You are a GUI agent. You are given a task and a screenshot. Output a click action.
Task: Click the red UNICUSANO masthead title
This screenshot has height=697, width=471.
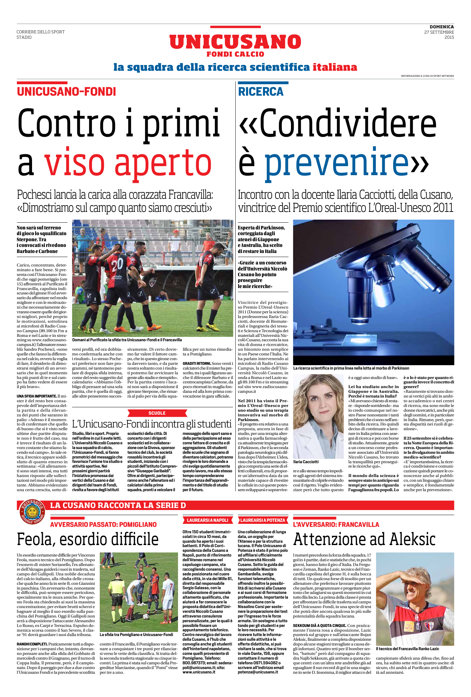click(235, 42)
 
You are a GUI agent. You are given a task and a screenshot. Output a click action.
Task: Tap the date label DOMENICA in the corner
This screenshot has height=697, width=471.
click(441, 27)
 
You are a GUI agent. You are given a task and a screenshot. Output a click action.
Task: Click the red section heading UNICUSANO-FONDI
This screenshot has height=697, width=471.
click(66, 92)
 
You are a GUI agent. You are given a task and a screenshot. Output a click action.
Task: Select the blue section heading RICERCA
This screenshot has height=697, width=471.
click(261, 92)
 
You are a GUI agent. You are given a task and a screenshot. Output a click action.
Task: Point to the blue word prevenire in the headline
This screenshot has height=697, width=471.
click(336, 162)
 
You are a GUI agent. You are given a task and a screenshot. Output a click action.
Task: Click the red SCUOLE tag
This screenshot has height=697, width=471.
click(157, 413)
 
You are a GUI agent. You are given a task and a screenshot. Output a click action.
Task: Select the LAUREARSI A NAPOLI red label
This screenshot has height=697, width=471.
click(207, 520)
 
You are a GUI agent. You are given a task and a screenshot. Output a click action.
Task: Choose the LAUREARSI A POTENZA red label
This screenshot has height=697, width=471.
click(263, 520)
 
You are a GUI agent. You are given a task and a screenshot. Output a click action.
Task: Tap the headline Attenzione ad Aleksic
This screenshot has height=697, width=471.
click(364, 539)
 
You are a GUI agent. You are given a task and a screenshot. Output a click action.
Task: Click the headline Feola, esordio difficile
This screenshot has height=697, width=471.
click(88, 539)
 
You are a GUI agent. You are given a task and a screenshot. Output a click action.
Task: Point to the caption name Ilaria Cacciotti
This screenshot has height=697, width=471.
click(306, 462)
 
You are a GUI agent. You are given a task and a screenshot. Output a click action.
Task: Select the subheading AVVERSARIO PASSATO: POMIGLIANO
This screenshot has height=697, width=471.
click(103, 525)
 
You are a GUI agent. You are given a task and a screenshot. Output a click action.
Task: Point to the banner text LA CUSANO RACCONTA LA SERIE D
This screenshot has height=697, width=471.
click(118, 505)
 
